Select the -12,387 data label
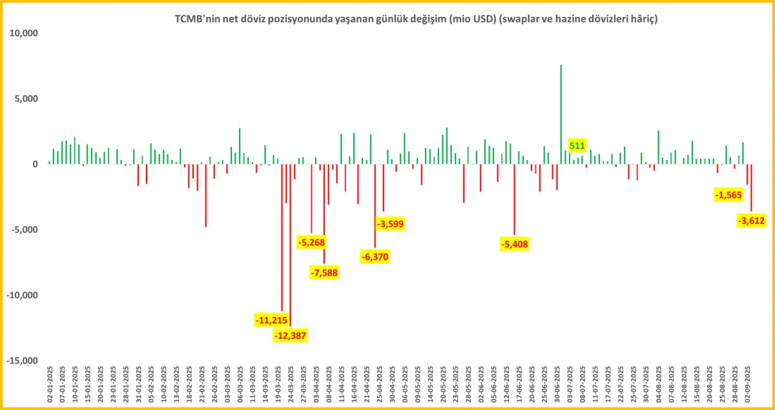[291, 335]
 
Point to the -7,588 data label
[324, 272]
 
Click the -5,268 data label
[311, 242]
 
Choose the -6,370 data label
[375, 256]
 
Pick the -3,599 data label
[390, 223]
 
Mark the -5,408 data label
[515, 244]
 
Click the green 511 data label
[577, 145]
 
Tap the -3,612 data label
[751, 221]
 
